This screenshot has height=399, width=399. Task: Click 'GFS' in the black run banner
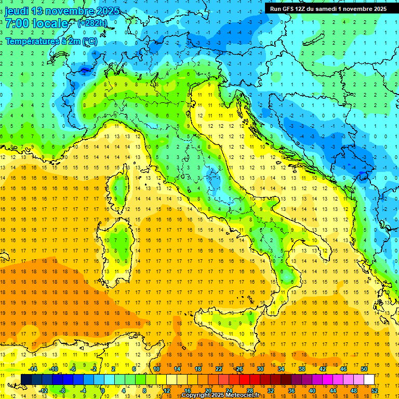(x=287, y=9)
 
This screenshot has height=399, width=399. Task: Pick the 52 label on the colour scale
(x=375, y=390)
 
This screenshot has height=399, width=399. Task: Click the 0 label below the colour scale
(x=103, y=390)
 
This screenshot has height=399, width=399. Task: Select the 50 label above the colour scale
(x=364, y=369)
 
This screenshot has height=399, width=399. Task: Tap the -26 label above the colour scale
(x=239, y=369)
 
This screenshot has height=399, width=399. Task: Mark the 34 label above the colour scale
(x=281, y=369)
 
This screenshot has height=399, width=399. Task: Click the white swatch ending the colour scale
(x=369, y=379)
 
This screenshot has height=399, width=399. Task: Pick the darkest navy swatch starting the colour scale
(x=26, y=379)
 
